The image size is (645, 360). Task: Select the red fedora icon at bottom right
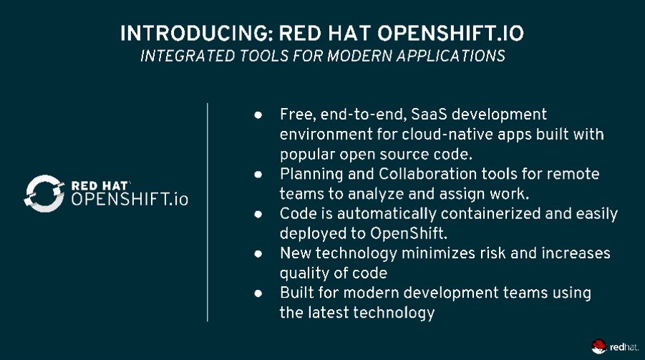[598, 347]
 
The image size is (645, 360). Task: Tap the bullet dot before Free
[258, 115]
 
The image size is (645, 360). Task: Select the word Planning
[309, 174]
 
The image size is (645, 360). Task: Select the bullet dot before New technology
[258, 253]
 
